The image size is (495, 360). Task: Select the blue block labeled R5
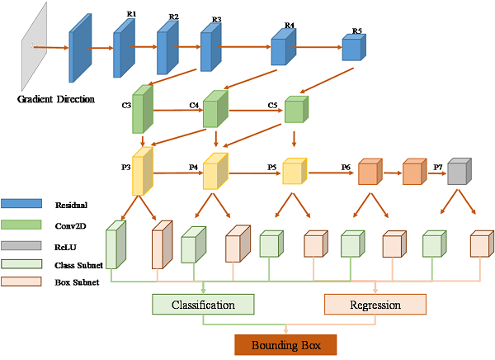click(x=353, y=49)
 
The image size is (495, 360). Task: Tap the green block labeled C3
click(x=143, y=111)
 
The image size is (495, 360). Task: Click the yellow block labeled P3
click(x=143, y=173)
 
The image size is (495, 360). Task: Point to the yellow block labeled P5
click(x=294, y=172)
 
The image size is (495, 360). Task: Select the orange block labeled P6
click(x=369, y=173)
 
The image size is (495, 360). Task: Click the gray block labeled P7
click(x=459, y=172)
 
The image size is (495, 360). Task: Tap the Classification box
click(x=203, y=305)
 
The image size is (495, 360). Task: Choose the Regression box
click(x=375, y=305)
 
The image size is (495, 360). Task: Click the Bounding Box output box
click(x=285, y=343)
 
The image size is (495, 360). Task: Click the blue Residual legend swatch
click(x=23, y=204)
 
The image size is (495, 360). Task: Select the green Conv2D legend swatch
click(x=23, y=224)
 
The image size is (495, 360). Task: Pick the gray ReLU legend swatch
click(x=23, y=244)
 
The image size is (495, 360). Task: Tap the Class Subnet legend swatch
click(x=23, y=264)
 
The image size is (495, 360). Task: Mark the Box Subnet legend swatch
click(x=23, y=283)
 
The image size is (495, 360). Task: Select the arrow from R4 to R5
click(x=318, y=47)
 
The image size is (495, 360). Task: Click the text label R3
click(x=216, y=19)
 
